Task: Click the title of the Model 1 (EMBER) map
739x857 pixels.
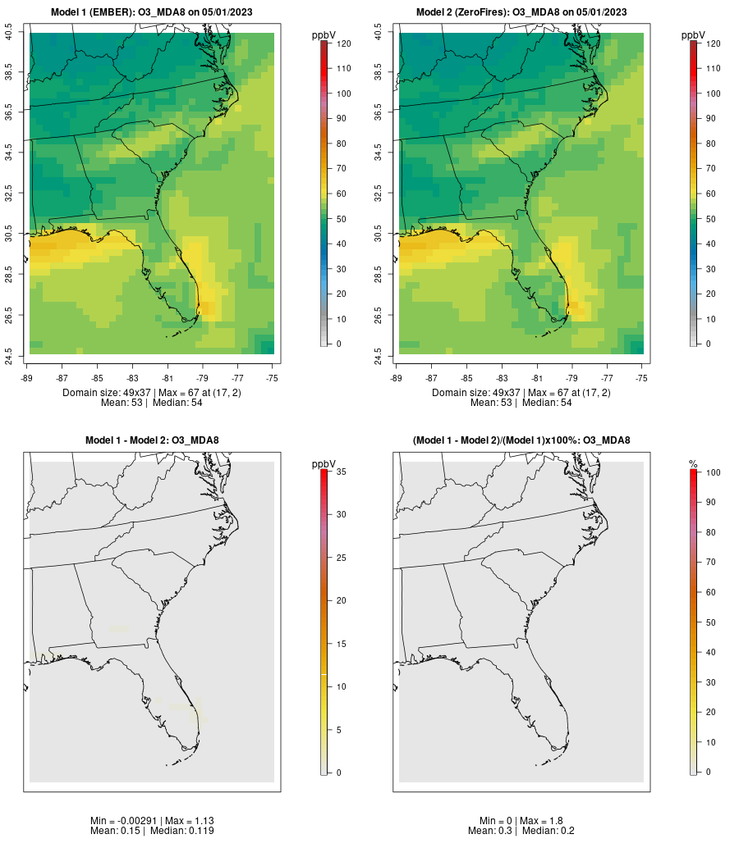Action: tap(152, 12)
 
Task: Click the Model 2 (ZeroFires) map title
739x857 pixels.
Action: tap(521, 12)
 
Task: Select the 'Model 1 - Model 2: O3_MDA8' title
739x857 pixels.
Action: tap(152, 440)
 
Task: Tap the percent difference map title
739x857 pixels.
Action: tap(521, 440)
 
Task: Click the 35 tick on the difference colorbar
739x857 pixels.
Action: tap(339, 472)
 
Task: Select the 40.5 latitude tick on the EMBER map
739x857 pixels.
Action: tap(9, 33)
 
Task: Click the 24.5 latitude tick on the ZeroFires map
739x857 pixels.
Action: tap(379, 354)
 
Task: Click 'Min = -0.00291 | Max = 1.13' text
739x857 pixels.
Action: tap(152, 820)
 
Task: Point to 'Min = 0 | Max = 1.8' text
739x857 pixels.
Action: tap(521, 820)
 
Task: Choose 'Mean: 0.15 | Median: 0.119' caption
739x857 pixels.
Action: tap(152, 831)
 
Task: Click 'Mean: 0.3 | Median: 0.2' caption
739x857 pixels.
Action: tap(521, 831)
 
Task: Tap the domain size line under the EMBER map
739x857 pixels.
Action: tap(152, 393)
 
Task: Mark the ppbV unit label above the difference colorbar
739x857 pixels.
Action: tap(324, 463)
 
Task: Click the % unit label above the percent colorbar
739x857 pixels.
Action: tap(693, 464)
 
